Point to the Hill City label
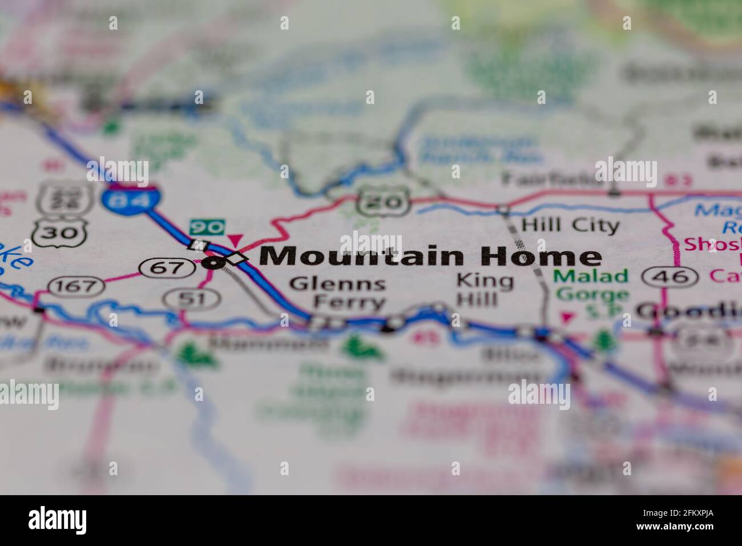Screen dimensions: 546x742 pos(571,225)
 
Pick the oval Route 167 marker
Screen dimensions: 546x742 pos(76,285)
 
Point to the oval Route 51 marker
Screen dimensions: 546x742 pos(192,298)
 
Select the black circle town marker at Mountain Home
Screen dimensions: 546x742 pos(212,263)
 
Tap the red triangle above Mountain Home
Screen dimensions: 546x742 pos(235,240)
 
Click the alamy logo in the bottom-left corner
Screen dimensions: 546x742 pos(58,520)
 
